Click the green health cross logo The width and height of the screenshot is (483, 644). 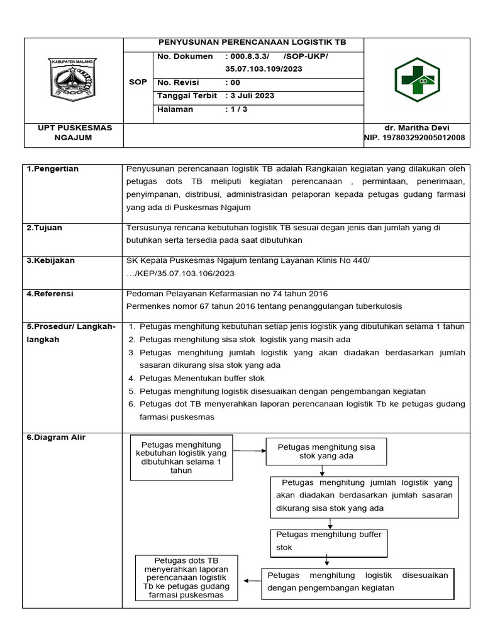click(x=417, y=80)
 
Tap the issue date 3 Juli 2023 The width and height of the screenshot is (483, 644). click(x=250, y=96)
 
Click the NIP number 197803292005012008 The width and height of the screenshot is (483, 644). click(x=414, y=138)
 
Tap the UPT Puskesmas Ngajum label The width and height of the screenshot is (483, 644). click(x=74, y=133)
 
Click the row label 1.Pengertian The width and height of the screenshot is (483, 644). click(x=53, y=169)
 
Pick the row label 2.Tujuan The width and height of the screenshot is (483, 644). click(x=45, y=228)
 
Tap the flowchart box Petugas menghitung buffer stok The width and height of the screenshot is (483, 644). click(x=329, y=541)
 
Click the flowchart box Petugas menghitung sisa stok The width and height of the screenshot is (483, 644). click(x=326, y=452)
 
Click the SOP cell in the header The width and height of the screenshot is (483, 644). click(x=138, y=82)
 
